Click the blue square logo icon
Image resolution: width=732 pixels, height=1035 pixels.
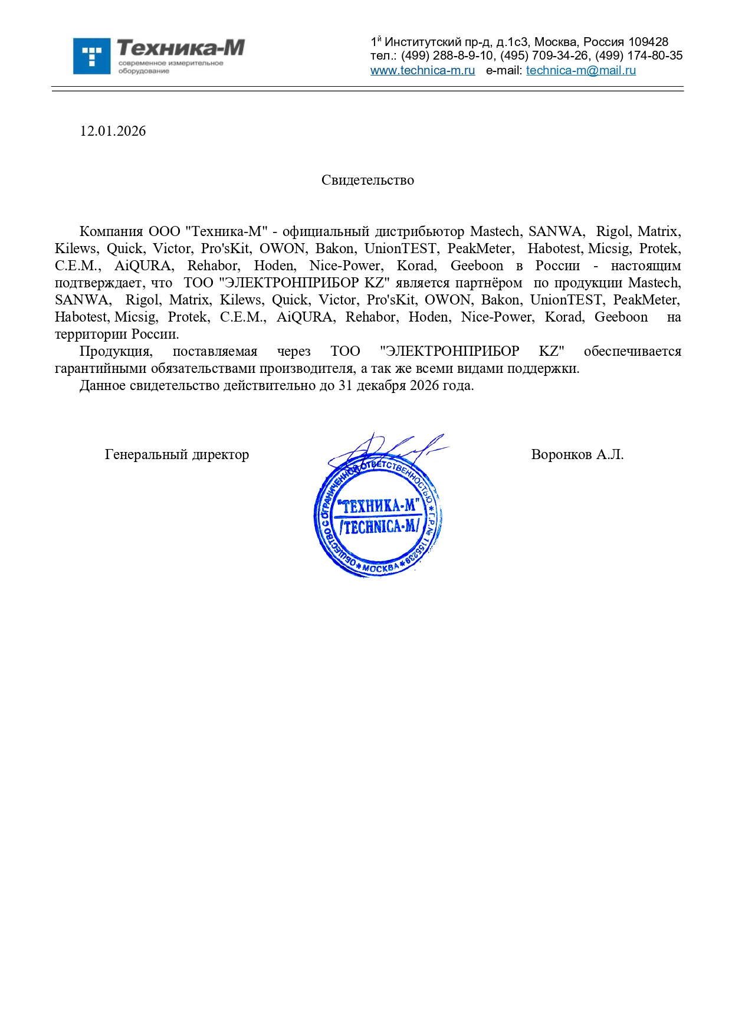point(91,56)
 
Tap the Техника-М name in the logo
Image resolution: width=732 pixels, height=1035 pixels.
point(180,48)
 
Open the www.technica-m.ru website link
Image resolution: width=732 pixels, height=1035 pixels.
point(422,70)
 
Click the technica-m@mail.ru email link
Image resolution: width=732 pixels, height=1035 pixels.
point(580,70)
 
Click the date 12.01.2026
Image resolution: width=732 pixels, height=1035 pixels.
point(113,131)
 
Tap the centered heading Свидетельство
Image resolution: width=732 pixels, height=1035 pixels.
point(367,180)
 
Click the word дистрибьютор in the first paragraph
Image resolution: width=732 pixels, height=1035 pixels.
point(419,231)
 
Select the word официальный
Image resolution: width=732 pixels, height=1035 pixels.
point(325,231)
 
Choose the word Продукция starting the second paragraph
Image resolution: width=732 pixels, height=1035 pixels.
point(116,351)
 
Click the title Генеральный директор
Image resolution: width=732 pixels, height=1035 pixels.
point(176,454)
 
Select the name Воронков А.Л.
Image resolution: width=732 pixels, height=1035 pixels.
point(577,454)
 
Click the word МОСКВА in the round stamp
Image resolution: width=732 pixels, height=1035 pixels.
point(380,568)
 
